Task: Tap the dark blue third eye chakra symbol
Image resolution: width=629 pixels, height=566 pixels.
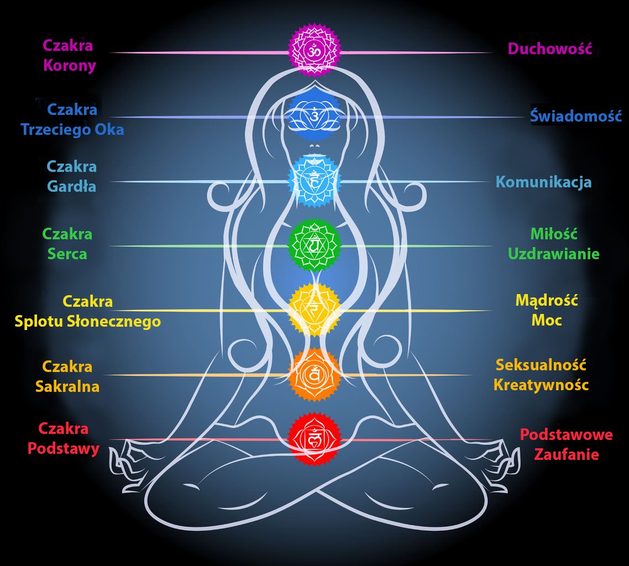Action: (314, 116)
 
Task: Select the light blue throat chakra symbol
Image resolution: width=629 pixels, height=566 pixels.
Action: (314, 181)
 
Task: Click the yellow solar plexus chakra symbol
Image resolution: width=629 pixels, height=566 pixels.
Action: (314, 309)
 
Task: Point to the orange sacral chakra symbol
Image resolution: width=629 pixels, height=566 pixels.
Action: (314, 375)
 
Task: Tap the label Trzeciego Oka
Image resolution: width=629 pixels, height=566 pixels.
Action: (72, 130)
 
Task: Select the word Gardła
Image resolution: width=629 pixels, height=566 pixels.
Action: (71, 186)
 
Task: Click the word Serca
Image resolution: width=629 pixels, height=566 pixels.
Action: (67, 254)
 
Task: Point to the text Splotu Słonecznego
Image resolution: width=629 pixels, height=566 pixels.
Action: (88, 322)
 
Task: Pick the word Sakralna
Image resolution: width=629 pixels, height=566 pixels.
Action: (67, 386)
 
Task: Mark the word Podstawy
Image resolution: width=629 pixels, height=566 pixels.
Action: (64, 448)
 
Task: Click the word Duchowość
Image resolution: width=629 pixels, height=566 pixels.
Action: (550, 49)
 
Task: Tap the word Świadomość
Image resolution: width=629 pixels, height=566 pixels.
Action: (576, 116)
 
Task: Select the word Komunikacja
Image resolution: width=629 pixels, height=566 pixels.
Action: (544, 182)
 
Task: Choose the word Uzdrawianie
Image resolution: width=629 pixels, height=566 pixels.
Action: (554, 254)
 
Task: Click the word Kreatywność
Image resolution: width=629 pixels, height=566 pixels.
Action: (541, 385)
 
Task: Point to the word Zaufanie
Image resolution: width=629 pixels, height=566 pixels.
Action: (567, 455)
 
